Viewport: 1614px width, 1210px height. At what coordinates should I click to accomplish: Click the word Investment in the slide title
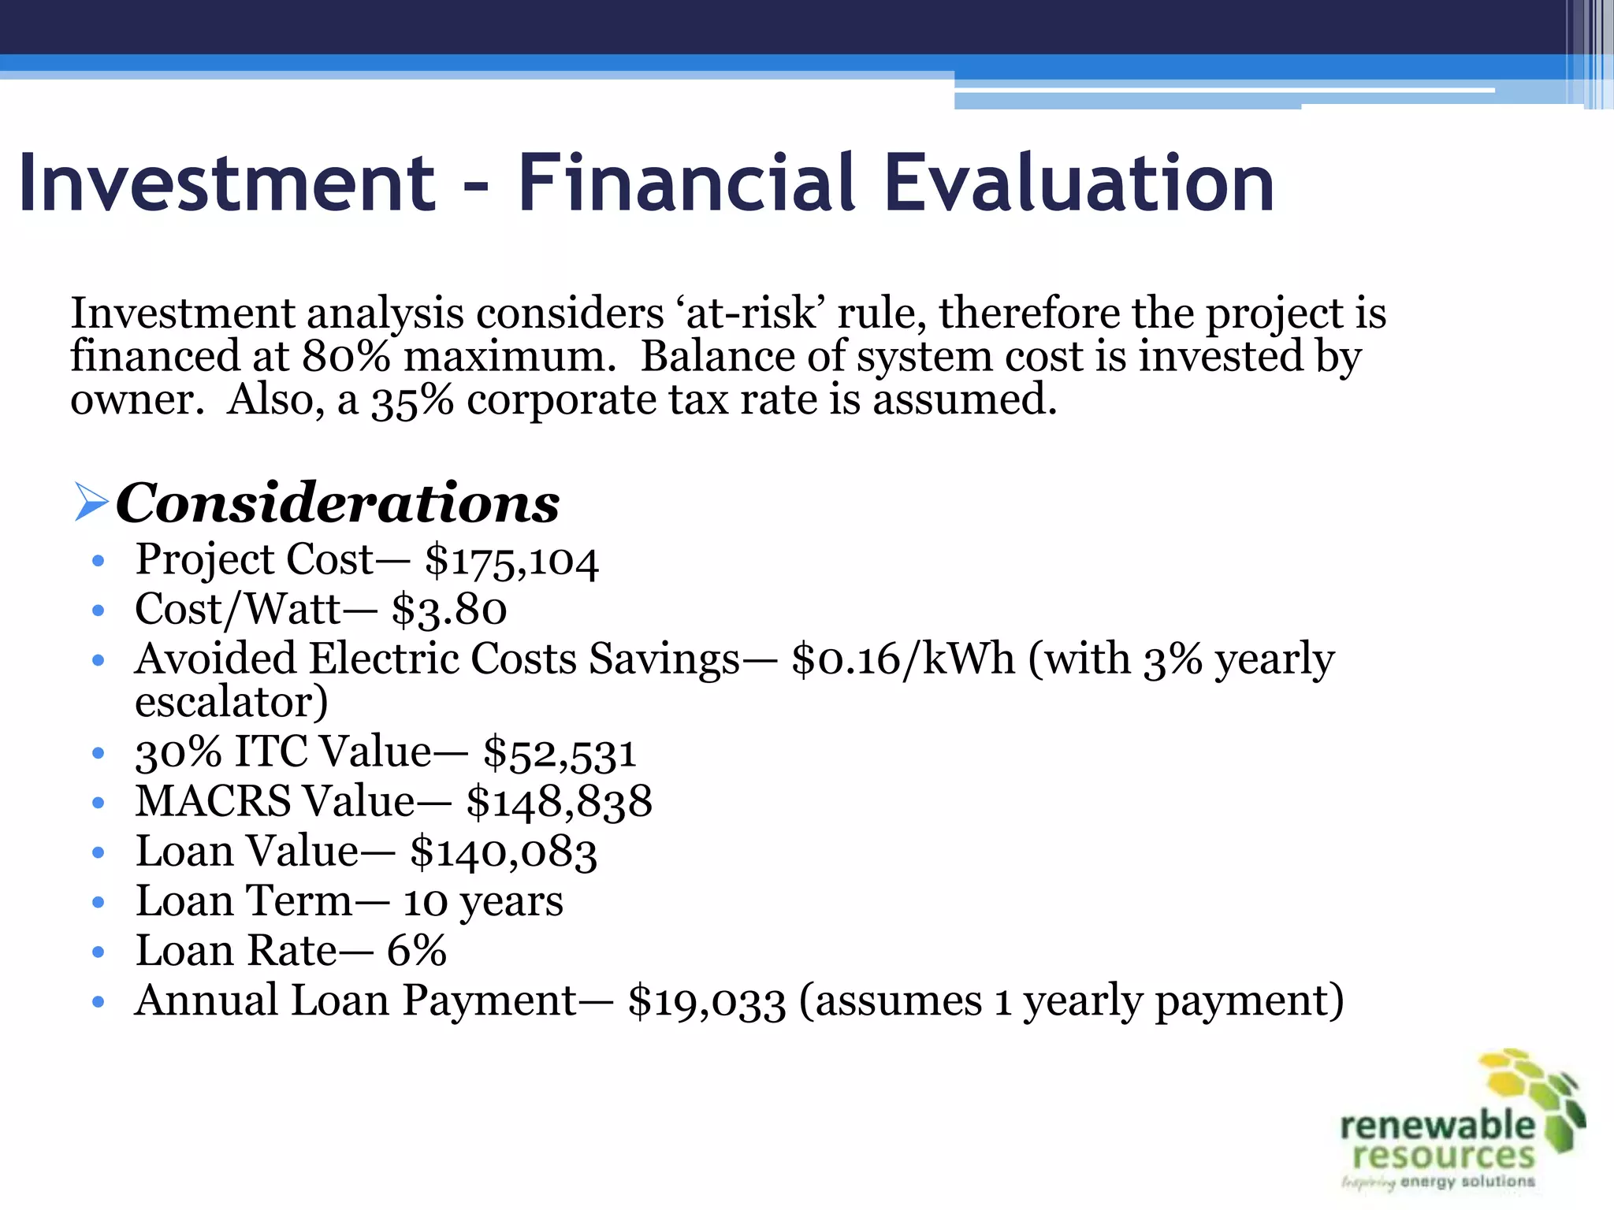pyautogui.click(x=227, y=183)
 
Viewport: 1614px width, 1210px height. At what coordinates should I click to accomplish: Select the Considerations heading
pyautogui.click(x=337, y=503)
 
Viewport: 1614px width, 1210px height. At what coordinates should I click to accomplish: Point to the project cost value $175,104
pyautogui.click(x=511, y=561)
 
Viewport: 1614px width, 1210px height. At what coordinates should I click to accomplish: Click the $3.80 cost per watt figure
pyautogui.click(x=449, y=610)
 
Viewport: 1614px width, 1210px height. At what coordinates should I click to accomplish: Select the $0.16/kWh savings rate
pyautogui.click(x=903, y=659)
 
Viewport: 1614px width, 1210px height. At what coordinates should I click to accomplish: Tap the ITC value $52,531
pyautogui.click(x=560, y=752)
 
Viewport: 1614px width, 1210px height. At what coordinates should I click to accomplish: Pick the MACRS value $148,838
pyautogui.click(x=560, y=802)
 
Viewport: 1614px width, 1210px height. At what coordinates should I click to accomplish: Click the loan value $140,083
pyautogui.click(x=504, y=852)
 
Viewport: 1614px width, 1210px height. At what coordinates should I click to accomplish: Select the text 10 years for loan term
pyautogui.click(x=483, y=901)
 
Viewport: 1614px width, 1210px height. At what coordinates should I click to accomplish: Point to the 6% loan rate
pyautogui.click(x=417, y=951)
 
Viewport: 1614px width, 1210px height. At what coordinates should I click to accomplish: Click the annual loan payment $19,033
pyautogui.click(x=707, y=1002)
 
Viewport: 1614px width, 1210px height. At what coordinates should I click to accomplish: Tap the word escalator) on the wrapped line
pyautogui.click(x=232, y=703)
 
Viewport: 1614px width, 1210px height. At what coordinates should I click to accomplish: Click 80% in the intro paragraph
pyautogui.click(x=346, y=356)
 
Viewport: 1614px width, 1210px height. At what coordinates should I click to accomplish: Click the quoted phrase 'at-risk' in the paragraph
pyautogui.click(x=749, y=314)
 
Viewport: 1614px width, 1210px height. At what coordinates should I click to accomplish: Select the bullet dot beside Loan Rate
pyautogui.click(x=98, y=952)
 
